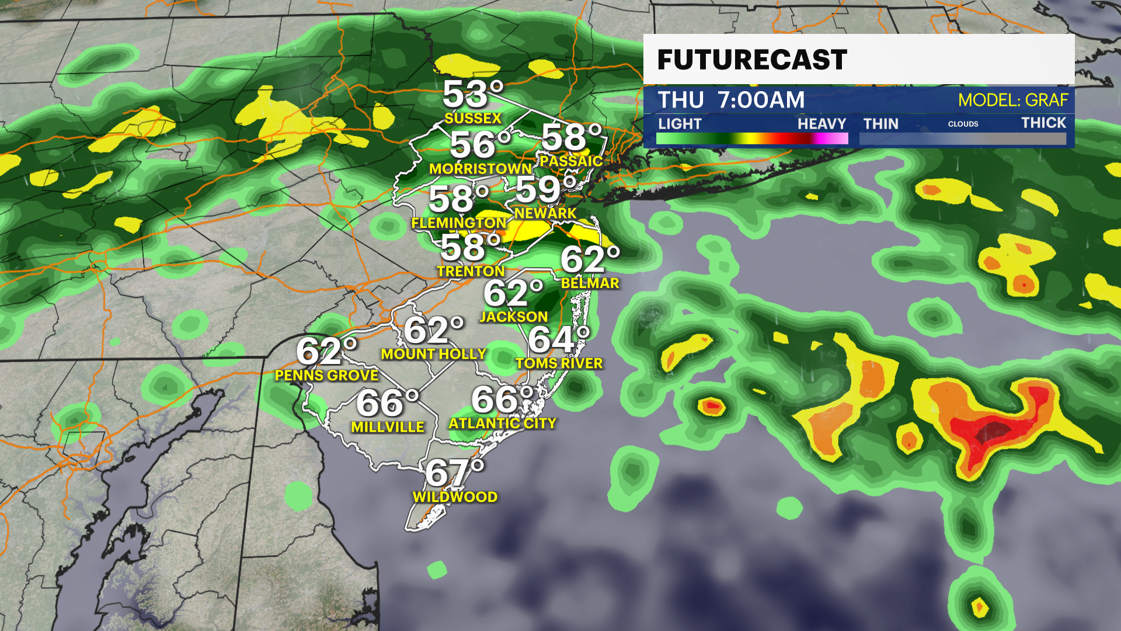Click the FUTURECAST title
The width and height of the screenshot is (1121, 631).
tap(752, 60)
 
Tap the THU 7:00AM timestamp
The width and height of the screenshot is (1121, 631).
tap(731, 100)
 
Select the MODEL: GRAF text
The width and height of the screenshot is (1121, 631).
tap(1013, 100)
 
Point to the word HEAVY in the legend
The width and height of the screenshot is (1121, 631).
tap(821, 124)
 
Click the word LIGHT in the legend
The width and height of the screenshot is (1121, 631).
tap(680, 124)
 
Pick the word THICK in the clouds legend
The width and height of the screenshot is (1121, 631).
tap(1043, 123)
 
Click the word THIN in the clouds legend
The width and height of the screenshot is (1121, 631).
tap(880, 124)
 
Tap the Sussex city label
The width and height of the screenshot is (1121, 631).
tap(473, 118)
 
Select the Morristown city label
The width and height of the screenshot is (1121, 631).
tap(481, 169)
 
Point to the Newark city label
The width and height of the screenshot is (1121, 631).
tap(545, 213)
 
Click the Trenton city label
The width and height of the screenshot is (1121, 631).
tap(471, 271)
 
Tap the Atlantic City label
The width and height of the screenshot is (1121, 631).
tap(502, 423)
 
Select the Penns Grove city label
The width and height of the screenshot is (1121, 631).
tap(327, 375)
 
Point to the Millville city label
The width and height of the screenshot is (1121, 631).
tap(388, 427)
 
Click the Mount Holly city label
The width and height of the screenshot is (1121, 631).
tap(433, 354)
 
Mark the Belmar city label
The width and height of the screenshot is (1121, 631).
tap(590, 283)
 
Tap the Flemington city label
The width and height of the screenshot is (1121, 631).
tap(459, 223)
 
